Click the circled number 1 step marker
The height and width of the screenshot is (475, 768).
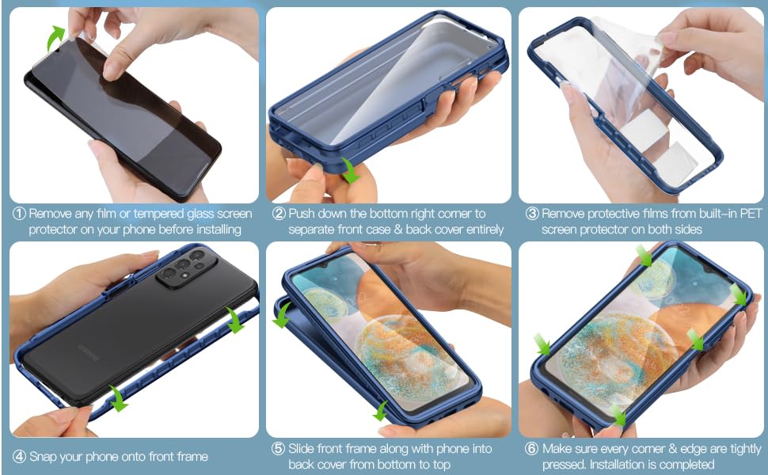pyautogui.click(x=19, y=214)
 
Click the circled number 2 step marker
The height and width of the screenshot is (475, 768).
pyautogui.click(x=279, y=214)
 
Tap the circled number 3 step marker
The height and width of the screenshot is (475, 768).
pyautogui.click(x=533, y=214)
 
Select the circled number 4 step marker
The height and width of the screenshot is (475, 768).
pyautogui.click(x=19, y=457)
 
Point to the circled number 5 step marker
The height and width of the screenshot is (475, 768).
pyautogui.click(x=279, y=449)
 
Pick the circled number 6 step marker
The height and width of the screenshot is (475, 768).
pyautogui.click(x=533, y=449)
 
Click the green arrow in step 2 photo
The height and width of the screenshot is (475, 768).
pyautogui.click(x=349, y=168)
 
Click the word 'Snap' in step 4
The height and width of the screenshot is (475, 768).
pyautogui.click(x=44, y=457)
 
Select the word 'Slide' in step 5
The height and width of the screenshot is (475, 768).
pyautogui.click(x=304, y=449)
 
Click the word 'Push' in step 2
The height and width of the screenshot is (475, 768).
pyautogui.click(x=302, y=214)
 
